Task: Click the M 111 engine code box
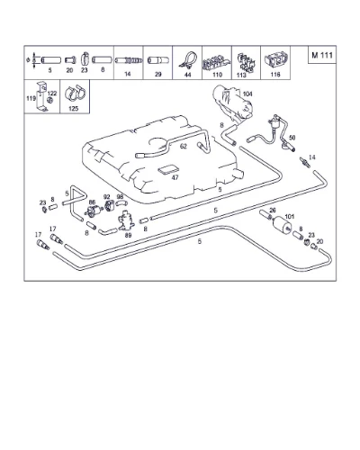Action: coord(322,55)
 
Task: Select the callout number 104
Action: coord(247,94)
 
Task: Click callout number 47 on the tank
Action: coord(175,177)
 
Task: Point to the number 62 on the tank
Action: coord(184,146)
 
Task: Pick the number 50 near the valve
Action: coord(292,138)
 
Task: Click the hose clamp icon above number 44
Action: coord(187,60)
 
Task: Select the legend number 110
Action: coord(217,75)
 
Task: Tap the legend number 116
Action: coord(275,74)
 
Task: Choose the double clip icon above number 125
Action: coord(75,93)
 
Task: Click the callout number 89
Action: coord(128,235)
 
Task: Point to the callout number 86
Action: coord(92,202)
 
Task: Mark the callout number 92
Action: coord(106,197)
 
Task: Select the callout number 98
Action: coord(120,197)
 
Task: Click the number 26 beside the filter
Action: coord(273,211)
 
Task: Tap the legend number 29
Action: coord(158,74)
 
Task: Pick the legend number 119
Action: coord(31,98)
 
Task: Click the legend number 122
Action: coord(52,94)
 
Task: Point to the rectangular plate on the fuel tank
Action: coord(167,170)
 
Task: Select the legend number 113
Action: coord(241,75)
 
